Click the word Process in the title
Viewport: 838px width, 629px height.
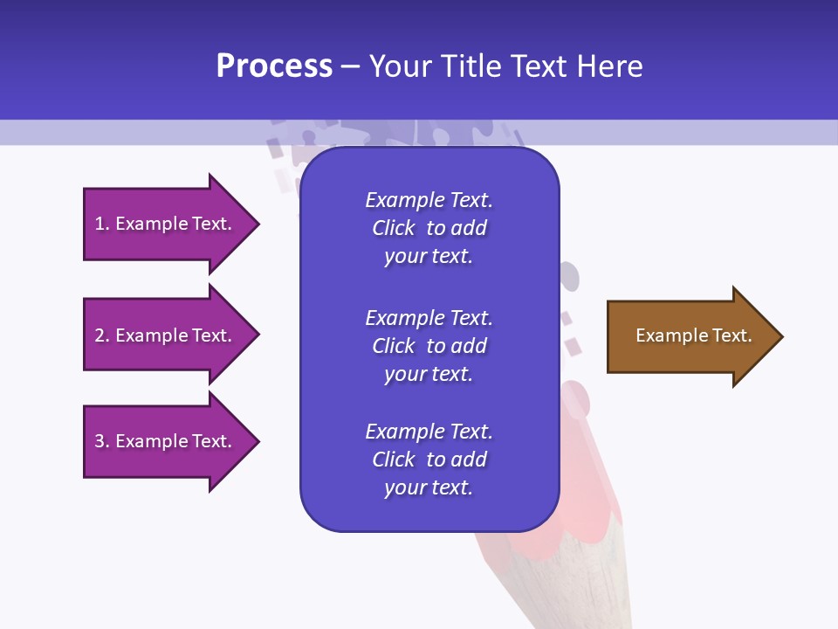tap(274, 66)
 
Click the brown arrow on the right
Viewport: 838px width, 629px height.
tap(690, 336)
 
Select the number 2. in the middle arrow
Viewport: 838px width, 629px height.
tap(102, 335)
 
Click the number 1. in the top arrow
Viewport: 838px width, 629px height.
tap(102, 224)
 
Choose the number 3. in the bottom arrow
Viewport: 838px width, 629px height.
tap(102, 441)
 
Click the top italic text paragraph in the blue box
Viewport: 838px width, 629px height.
tap(429, 228)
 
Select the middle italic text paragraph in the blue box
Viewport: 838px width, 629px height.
tap(429, 346)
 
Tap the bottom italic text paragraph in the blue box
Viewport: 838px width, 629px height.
tap(429, 460)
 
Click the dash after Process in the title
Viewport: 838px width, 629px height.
tap(351, 67)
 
